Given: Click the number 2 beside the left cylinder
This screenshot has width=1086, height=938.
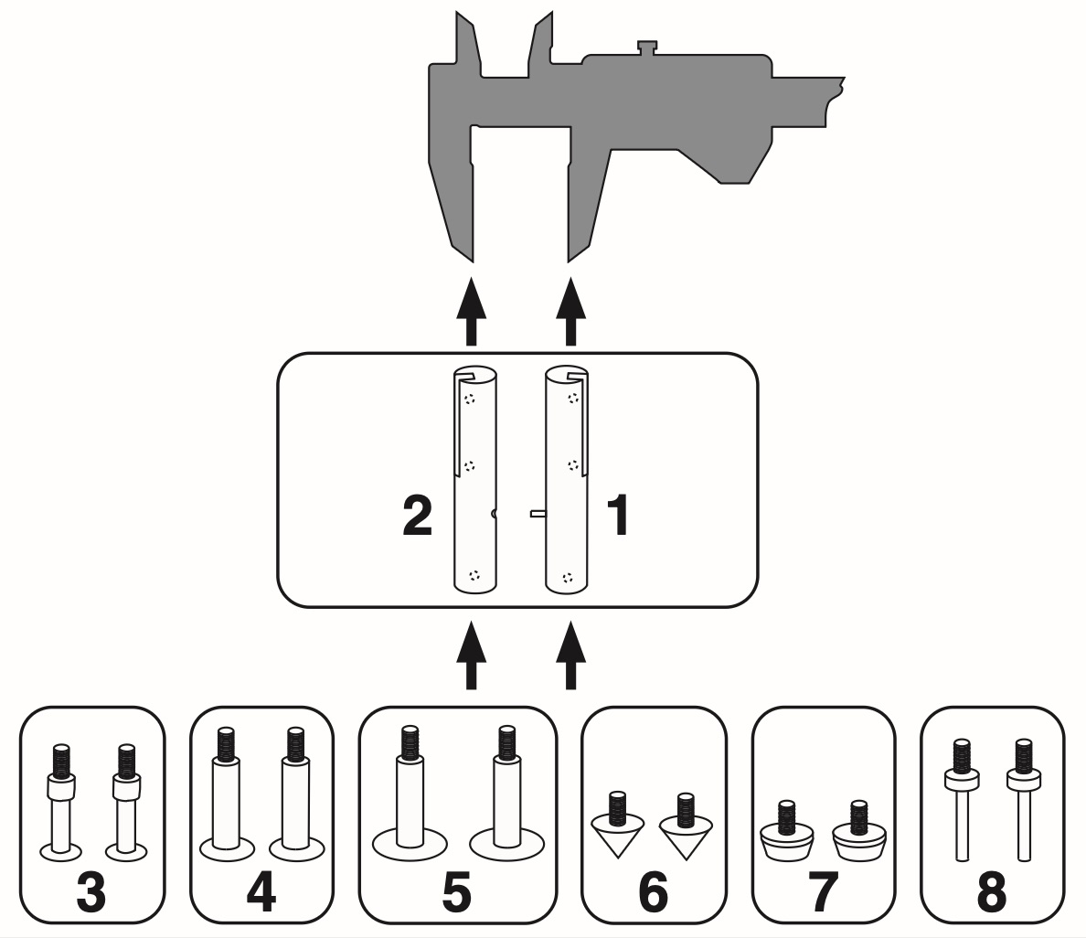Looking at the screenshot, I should pos(417,517).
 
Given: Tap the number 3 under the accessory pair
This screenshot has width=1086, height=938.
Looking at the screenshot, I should pos(90,892).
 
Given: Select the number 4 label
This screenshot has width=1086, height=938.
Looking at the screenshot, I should pos(261,892).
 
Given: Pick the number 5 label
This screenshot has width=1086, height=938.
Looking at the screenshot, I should pos(456,892).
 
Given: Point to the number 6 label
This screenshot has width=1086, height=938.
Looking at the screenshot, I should pos(653,892).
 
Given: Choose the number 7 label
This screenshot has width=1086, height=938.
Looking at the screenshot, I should pos(823,892).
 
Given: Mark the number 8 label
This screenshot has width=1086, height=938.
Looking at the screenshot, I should pos(992,892).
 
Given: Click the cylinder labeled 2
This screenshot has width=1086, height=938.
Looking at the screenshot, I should pos(474,479).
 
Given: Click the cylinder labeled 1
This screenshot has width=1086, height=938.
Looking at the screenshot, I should pos(566,479).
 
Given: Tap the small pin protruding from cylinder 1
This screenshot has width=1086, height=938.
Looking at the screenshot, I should pos(537,514).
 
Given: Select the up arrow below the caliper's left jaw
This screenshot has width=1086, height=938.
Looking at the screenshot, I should pos(471,311).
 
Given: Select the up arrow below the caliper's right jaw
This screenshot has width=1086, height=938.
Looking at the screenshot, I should pos(571,311).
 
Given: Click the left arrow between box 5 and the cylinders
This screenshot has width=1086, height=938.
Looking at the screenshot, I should pos(471,656).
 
